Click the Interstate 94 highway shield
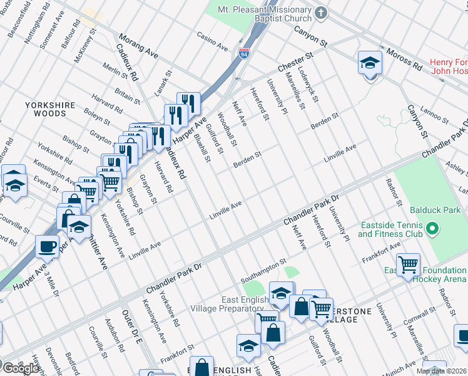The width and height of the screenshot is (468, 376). [242, 55]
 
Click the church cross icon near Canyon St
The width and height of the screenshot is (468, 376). [321, 13]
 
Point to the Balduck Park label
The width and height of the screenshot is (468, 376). [435, 211]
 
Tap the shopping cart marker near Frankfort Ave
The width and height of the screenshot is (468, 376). [408, 264]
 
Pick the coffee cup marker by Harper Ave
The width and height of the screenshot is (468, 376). [47, 246]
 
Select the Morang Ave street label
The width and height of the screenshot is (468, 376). [138, 46]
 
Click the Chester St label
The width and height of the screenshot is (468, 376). [294, 64]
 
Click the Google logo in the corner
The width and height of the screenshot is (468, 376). [21, 368]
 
